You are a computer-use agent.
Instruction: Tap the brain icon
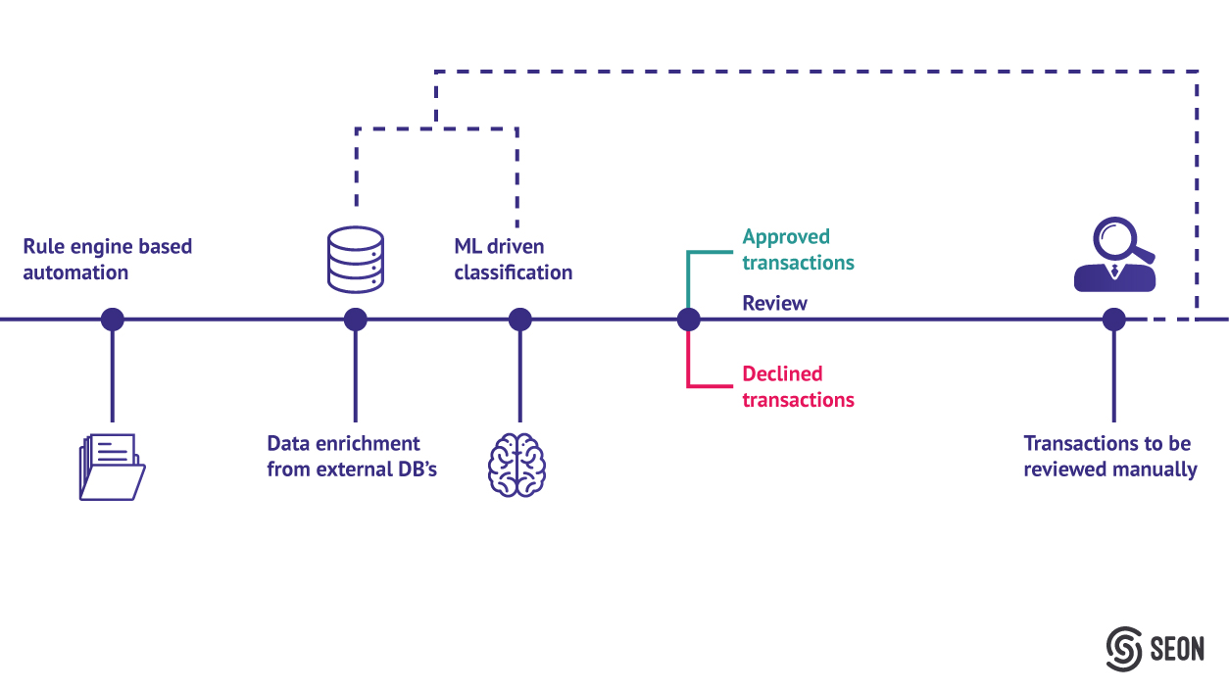pyautogui.click(x=516, y=464)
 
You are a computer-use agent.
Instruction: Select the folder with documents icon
pyautogui.click(x=112, y=467)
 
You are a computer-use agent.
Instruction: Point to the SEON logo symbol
pyautogui.click(x=1125, y=648)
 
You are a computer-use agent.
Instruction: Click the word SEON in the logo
pyautogui.click(x=1178, y=649)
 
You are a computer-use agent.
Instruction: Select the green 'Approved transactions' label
pyautogui.click(x=798, y=250)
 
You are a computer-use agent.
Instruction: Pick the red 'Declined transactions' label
pyautogui.click(x=798, y=387)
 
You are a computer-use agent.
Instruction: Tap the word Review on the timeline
pyautogui.click(x=774, y=304)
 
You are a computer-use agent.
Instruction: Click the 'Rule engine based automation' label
pyautogui.click(x=107, y=260)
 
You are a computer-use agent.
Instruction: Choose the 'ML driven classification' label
pyautogui.click(x=513, y=260)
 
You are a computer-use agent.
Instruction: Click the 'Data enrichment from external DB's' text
pyautogui.click(x=352, y=457)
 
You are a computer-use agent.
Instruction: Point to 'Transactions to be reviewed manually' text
pyautogui.click(x=1109, y=457)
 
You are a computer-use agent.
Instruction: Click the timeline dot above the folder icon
pyautogui.click(x=113, y=320)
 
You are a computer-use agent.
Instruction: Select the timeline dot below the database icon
pyautogui.click(x=356, y=320)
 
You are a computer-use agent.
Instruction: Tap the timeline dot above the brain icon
pyautogui.click(x=520, y=320)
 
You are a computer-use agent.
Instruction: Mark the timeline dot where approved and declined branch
pyautogui.click(x=688, y=320)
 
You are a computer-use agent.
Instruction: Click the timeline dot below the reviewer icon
pyautogui.click(x=1113, y=320)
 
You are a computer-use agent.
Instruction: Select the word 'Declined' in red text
pyautogui.click(x=782, y=374)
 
